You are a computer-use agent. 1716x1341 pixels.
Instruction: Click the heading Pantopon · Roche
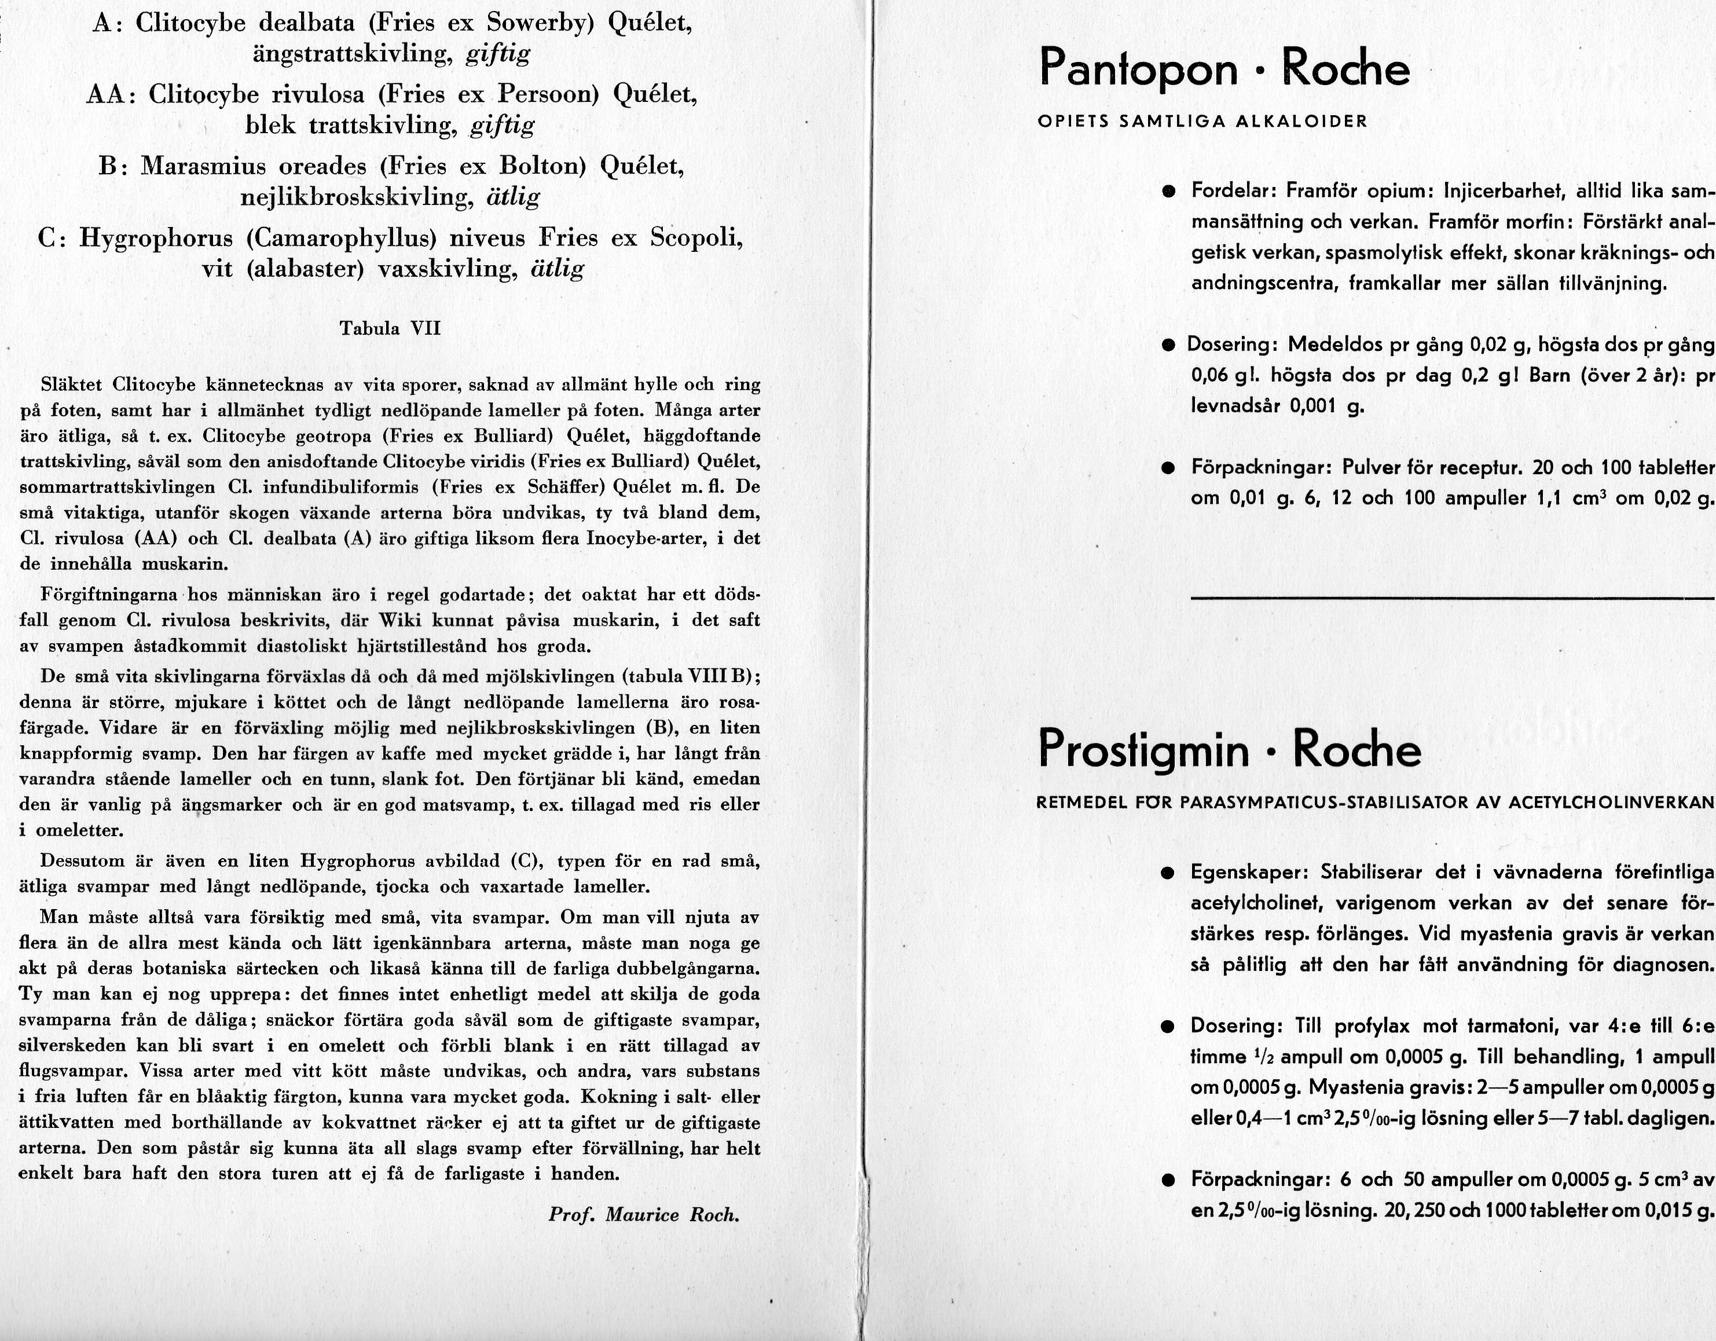click(x=1223, y=69)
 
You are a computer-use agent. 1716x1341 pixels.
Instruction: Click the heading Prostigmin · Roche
click(x=1229, y=749)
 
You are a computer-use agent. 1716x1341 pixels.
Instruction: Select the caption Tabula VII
click(x=390, y=328)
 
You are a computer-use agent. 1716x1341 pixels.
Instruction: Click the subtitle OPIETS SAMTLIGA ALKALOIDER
click(x=1202, y=122)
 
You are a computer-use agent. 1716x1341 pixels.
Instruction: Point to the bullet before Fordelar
click(x=1171, y=191)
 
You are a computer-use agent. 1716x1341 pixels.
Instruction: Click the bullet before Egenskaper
click(x=1170, y=873)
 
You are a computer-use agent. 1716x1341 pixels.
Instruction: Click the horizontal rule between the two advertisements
click(x=1452, y=599)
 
